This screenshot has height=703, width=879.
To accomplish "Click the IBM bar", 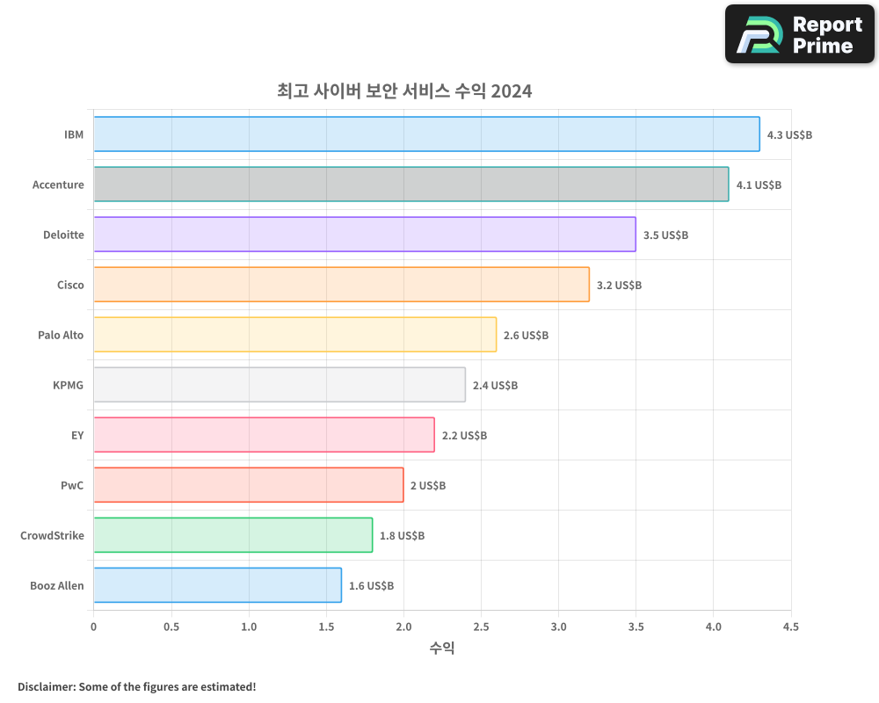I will pyautogui.click(x=426, y=134).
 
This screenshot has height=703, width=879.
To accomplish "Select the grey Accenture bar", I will pyautogui.click(x=410, y=185).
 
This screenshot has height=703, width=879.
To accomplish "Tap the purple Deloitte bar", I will pyautogui.click(x=364, y=235).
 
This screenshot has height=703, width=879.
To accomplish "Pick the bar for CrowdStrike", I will pyautogui.click(x=232, y=535).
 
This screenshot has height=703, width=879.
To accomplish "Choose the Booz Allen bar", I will pyautogui.click(x=217, y=585).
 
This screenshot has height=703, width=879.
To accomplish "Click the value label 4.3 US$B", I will pyautogui.click(x=789, y=135).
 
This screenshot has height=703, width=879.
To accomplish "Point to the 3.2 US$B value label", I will pyautogui.click(x=619, y=286).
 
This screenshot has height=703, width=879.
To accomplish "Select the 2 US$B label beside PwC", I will pyautogui.click(x=428, y=486).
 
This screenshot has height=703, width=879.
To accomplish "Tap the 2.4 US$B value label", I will pyautogui.click(x=495, y=386).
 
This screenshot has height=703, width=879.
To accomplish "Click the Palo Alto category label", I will pyautogui.click(x=61, y=335).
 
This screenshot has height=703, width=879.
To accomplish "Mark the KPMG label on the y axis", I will pyautogui.click(x=68, y=385).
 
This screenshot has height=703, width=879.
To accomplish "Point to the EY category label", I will pyautogui.click(x=77, y=435).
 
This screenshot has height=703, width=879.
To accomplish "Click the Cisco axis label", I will pyautogui.click(x=70, y=285).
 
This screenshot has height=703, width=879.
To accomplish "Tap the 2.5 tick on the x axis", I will pyautogui.click(x=481, y=627).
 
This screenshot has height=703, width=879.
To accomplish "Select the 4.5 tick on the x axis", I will pyautogui.click(x=790, y=627).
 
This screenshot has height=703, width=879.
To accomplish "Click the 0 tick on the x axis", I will pyautogui.click(x=94, y=627).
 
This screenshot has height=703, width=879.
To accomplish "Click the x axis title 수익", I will pyautogui.click(x=442, y=649).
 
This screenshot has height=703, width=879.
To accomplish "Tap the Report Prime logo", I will pyautogui.click(x=799, y=34).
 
